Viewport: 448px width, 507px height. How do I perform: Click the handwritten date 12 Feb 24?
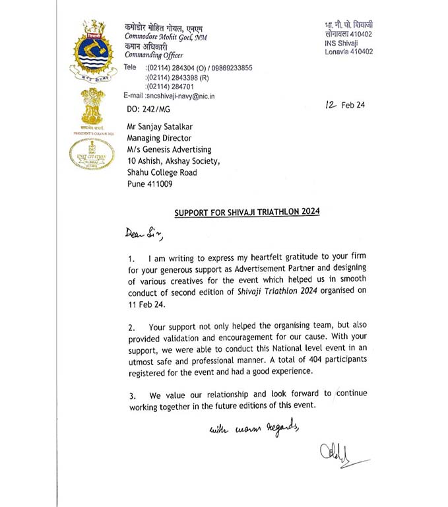click(x=352, y=105)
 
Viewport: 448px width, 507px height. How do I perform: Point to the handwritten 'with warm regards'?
click(x=255, y=430)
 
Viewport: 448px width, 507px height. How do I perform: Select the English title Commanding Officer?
click(x=152, y=55)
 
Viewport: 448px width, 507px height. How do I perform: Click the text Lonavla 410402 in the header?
click(x=348, y=51)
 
